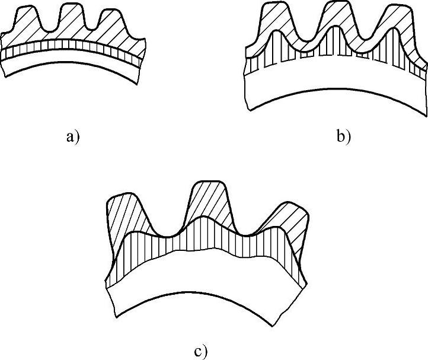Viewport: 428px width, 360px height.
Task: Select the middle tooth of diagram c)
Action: click(209, 202)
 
